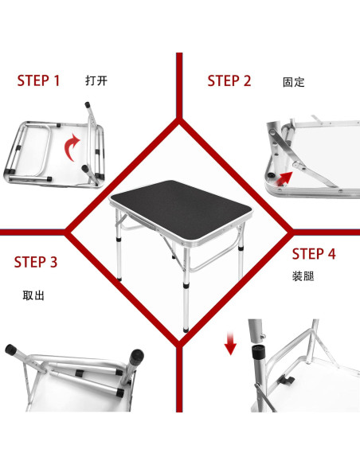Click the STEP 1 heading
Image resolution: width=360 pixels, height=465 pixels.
[x=39, y=80]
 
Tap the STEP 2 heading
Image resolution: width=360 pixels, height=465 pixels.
[x=229, y=80]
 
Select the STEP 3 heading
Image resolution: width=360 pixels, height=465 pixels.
[x=36, y=262]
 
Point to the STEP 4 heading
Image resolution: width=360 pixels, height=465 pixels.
[x=314, y=254]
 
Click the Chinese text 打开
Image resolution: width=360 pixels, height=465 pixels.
[x=96, y=80]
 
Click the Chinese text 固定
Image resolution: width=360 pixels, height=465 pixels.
[x=293, y=82]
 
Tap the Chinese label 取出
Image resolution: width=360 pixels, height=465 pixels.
[x=33, y=295]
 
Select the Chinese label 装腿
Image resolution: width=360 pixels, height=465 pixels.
[x=303, y=278]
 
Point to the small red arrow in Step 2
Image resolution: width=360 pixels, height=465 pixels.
[x=296, y=166]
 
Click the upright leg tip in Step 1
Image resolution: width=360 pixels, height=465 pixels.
[x=86, y=103]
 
